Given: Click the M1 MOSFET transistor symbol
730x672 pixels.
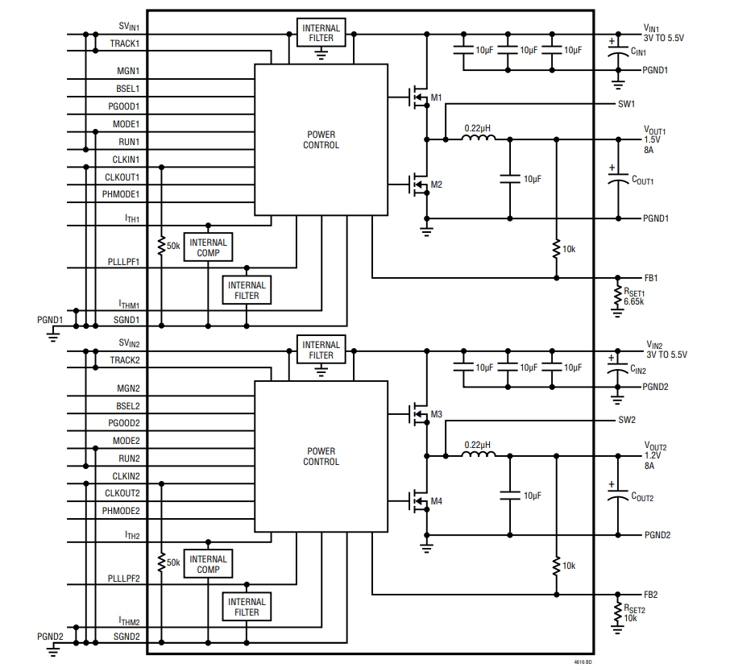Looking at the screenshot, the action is click(419, 97).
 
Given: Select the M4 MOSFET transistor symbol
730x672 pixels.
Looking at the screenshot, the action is click(419, 501).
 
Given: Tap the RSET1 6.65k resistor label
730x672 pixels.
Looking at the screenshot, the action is click(634, 297).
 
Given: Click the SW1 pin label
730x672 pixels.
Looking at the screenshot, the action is click(626, 104).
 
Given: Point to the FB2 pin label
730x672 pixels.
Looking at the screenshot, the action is click(651, 595).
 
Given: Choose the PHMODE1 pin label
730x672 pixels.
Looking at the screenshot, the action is click(121, 194).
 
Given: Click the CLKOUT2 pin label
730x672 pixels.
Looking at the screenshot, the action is click(122, 493).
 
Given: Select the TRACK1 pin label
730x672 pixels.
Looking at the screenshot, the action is click(125, 44).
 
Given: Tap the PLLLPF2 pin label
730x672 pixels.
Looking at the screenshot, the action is click(124, 579).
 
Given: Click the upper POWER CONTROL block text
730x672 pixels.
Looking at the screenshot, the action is click(321, 139).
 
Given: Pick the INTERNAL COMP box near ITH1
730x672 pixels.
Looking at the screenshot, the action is click(208, 247).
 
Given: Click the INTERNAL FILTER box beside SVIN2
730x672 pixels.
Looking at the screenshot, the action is click(321, 349).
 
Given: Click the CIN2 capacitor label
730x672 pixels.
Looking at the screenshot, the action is click(638, 370).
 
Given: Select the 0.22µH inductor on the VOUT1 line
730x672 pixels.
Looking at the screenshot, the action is click(478, 137).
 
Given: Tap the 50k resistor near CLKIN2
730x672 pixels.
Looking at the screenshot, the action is click(161, 562).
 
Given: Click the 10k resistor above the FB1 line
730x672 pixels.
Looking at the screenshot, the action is click(556, 249).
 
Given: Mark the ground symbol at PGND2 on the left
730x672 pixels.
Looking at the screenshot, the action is click(53, 649).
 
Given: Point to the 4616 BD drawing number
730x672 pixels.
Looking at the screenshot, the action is click(583, 662).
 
